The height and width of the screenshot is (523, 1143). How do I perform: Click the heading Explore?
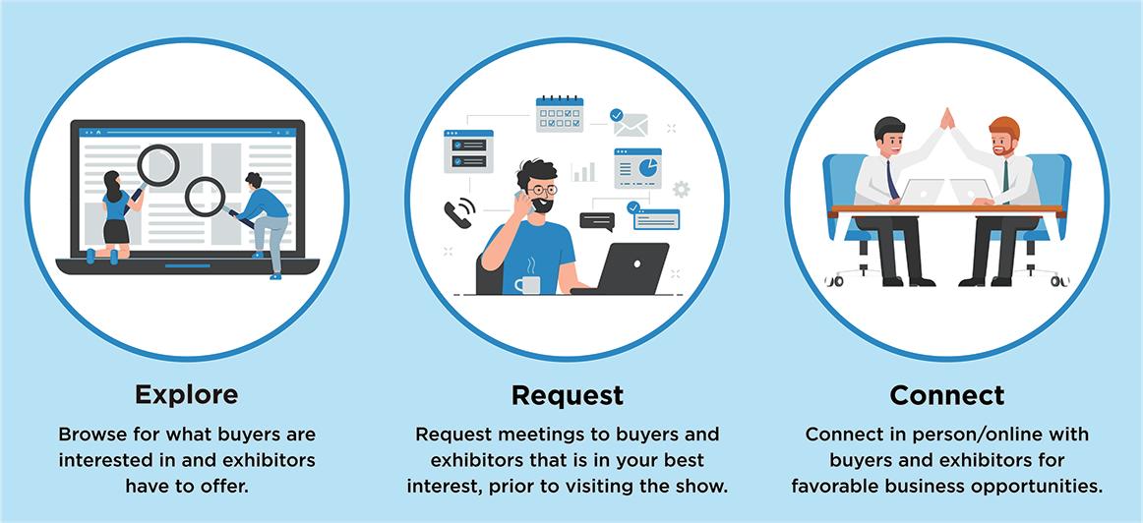pos(186,394)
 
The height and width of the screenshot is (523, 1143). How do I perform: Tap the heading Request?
pos(568,395)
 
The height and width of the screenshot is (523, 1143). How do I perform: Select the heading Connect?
pos(946,395)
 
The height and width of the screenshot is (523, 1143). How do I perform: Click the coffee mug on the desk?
pos(527,285)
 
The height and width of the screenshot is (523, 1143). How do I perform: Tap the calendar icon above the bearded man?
pos(560,114)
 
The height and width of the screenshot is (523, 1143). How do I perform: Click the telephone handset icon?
pos(457,213)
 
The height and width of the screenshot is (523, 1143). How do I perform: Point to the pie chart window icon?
pos(638,168)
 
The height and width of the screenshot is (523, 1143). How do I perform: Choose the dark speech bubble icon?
pos(597,220)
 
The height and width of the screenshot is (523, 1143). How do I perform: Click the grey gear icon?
pos(681,190)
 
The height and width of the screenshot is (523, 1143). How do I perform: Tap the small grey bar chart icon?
pos(584,173)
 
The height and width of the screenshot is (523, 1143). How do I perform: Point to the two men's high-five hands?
pos(947,118)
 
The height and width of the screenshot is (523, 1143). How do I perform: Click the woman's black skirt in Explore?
pos(116,231)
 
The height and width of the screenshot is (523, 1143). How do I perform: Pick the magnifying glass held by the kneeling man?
pos(207,196)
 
